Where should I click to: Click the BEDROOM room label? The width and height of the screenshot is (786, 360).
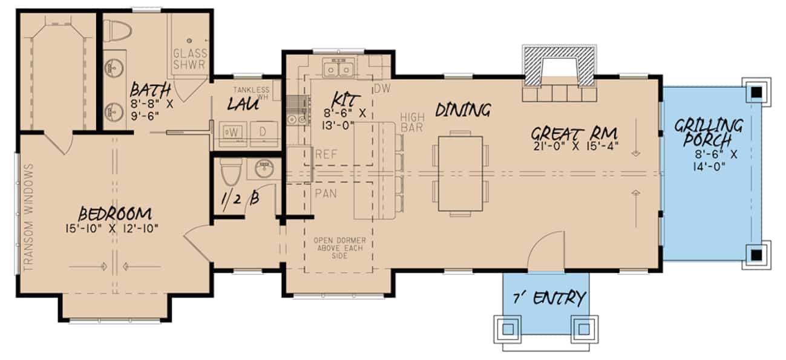coord(114,214)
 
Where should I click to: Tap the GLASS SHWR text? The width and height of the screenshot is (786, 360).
coord(190,59)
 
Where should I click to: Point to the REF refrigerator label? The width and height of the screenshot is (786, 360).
coord(325,155)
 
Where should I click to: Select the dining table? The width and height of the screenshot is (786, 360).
coord(461,173)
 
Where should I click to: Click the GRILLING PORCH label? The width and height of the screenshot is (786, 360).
coord(708,133)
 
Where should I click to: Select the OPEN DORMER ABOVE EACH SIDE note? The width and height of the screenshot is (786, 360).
coord(339,248)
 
